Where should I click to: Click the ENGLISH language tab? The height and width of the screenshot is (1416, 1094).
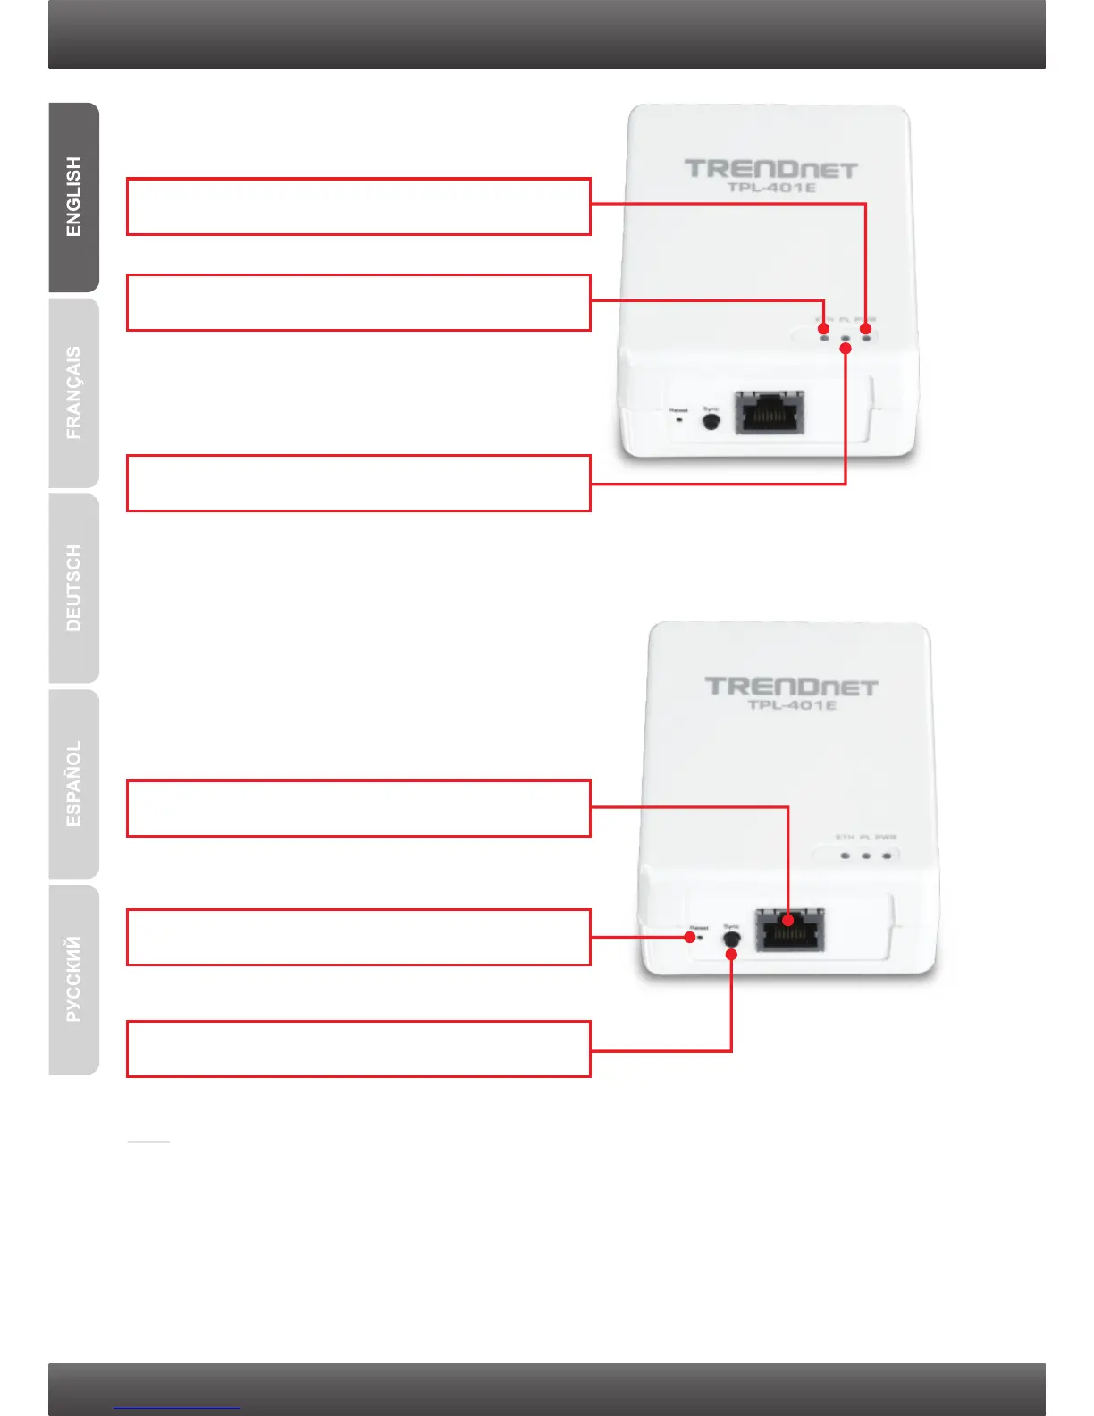(73, 198)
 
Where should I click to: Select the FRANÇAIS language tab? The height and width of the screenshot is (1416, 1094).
(73, 393)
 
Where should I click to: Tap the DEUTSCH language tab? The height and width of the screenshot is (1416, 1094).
(73, 588)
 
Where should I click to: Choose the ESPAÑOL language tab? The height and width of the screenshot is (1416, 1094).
(73, 784)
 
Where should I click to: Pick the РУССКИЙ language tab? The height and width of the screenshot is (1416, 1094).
(73, 980)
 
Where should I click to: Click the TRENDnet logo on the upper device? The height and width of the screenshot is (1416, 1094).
(770, 169)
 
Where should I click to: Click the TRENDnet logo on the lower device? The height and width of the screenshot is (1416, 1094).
(791, 687)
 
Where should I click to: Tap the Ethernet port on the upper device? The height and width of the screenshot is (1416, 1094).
(769, 412)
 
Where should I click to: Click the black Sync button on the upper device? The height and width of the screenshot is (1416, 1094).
(711, 422)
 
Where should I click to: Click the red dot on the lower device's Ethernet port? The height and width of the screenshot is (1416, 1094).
(787, 920)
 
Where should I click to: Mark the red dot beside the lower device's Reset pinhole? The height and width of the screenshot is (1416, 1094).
(690, 937)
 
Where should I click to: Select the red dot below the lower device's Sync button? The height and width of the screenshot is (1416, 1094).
(731, 955)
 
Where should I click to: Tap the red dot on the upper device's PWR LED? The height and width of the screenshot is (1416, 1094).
(865, 329)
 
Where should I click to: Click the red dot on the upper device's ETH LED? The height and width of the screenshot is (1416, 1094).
(824, 329)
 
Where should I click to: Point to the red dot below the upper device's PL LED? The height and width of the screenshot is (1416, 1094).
(846, 348)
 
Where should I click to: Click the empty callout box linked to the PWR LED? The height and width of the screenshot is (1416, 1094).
(358, 206)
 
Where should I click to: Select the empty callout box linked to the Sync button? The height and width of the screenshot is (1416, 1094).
(358, 1049)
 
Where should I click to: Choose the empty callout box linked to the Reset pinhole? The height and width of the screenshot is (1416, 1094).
(358, 937)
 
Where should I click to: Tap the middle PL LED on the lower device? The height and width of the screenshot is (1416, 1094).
(866, 855)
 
